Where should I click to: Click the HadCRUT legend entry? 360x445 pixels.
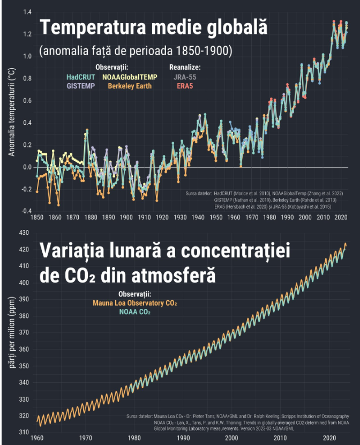tap(81, 77)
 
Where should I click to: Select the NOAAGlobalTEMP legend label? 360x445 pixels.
tap(130, 77)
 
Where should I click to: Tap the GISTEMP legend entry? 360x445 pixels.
tap(81, 85)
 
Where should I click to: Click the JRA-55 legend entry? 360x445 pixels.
tap(185, 77)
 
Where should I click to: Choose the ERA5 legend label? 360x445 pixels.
tap(185, 85)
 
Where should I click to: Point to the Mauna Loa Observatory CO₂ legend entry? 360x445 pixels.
tap(135, 303)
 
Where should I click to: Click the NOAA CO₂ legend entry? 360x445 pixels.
tap(135, 311)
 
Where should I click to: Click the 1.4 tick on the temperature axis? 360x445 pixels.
tap(27, 12)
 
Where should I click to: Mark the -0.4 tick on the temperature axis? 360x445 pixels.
tap(26, 211)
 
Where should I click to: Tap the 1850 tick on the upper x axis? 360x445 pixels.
tap(37, 218)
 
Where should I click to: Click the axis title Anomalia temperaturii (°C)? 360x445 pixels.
tap(12, 113)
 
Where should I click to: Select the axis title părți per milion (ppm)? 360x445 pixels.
tap(12, 332)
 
